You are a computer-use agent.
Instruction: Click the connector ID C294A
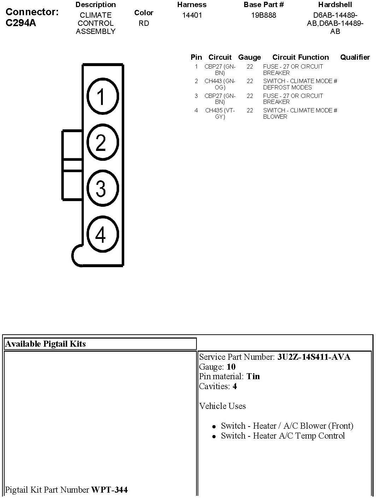[21, 23]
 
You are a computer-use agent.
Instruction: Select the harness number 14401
[192, 16]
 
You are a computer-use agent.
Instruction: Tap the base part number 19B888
[264, 16]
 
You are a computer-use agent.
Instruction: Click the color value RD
[144, 23]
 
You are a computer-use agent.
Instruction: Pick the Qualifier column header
[355, 57]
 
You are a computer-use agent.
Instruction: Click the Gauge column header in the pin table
[249, 57]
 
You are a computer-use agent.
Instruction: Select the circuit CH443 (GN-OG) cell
[220, 84]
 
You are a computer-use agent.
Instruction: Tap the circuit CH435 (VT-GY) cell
[220, 113]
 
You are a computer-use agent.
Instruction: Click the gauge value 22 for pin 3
[250, 96]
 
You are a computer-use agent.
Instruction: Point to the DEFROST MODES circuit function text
[287, 87]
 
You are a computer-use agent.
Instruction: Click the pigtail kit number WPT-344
[110, 489]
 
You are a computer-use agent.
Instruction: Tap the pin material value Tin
[253, 376]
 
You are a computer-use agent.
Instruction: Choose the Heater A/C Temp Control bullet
[283, 436]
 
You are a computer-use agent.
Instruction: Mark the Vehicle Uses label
[222, 406]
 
